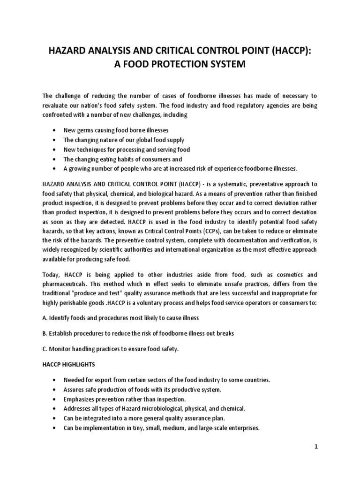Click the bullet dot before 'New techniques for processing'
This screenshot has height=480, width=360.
point(56,150)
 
